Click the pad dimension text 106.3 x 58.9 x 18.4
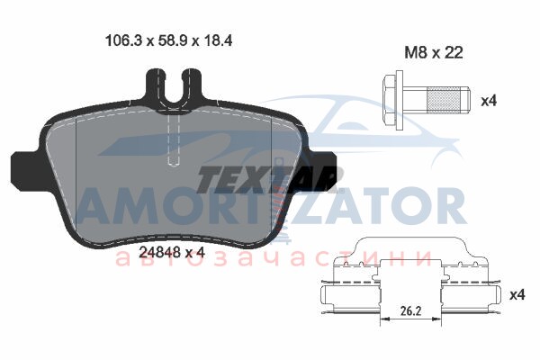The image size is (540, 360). [x=168, y=40]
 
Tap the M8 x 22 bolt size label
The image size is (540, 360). [x=433, y=53]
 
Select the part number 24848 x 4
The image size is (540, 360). [x=172, y=253]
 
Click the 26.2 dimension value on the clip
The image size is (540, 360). [x=410, y=311]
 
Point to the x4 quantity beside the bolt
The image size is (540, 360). [x=489, y=101]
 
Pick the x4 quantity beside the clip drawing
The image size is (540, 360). [x=517, y=294]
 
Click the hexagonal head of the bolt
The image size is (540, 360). [x=389, y=101]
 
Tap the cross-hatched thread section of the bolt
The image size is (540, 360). [x=443, y=101]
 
